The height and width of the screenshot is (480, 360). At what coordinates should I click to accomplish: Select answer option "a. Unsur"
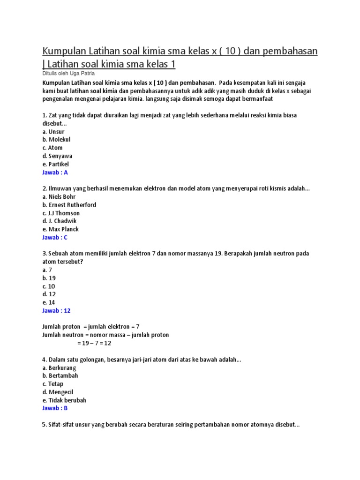(53, 132)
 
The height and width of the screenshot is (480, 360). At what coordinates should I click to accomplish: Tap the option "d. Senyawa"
(57, 156)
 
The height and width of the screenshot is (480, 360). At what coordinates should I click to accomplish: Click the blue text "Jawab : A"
(55, 172)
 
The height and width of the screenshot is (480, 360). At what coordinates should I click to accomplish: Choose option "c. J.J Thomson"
(61, 213)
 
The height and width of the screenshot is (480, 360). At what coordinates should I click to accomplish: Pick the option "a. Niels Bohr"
(59, 197)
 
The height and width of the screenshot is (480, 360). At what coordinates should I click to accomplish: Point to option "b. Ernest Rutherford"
(69, 205)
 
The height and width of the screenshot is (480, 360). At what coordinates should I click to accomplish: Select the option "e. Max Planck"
(60, 229)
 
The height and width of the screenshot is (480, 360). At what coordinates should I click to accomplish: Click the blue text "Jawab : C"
(55, 237)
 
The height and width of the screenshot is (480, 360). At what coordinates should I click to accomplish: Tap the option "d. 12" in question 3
(49, 294)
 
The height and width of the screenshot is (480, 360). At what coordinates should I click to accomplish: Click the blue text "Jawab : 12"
(56, 310)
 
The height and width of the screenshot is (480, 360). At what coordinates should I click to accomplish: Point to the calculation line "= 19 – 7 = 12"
(94, 343)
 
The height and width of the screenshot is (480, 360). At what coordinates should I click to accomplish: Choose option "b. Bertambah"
(60, 375)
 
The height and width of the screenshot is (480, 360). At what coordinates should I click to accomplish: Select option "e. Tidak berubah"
(64, 400)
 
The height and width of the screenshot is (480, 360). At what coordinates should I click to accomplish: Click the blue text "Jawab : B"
(55, 408)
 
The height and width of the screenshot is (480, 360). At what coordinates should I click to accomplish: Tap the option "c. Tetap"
(52, 384)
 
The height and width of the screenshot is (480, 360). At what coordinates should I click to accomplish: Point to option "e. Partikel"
(55, 164)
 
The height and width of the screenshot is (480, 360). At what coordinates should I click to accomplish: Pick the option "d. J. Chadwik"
(59, 221)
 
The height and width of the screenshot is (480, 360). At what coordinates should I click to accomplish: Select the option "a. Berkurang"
(59, 367)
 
